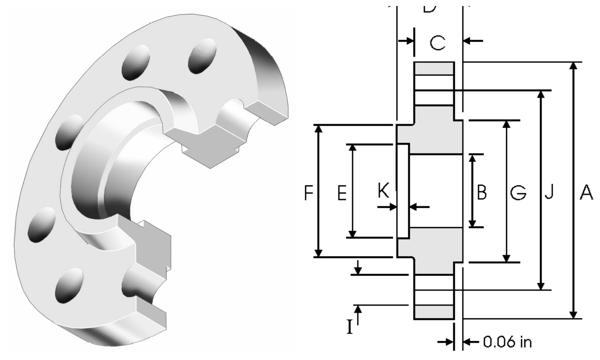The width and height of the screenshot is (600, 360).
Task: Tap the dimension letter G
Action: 518,193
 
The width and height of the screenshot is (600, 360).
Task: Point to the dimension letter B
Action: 482,193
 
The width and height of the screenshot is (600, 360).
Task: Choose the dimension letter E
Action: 342,193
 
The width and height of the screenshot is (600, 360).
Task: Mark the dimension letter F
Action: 308,193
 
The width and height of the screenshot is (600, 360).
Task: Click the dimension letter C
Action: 437,43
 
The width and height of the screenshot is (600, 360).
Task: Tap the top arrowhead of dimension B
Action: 472,158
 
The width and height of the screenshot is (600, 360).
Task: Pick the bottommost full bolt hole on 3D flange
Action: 69,283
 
